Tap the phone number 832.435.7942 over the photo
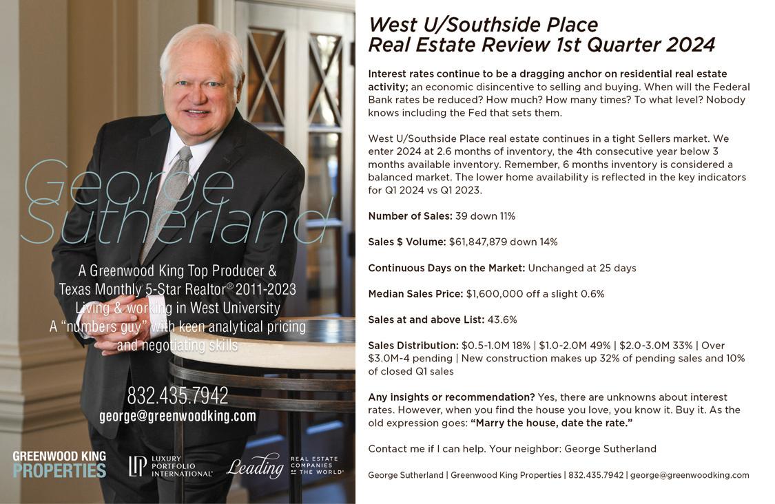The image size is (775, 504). tap(178, 396)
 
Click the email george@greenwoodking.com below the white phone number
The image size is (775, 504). tap(178, 416)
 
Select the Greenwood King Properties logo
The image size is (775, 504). tap(59, 464)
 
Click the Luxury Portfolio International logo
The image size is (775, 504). tap(170, 466)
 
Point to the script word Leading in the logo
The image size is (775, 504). tap(255, 467)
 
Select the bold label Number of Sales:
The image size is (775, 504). tap(410, 216)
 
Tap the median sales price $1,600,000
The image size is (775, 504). tap(495, 294)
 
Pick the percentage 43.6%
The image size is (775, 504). tap(502, 319)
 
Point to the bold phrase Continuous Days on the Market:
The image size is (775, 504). tap(446, 268)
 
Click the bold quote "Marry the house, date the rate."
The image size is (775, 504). tap(551, 423)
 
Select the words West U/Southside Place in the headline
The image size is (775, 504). tap(483, 25)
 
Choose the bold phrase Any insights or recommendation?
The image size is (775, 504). tap(451, 397)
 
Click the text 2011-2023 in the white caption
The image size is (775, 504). tap(265, 288)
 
